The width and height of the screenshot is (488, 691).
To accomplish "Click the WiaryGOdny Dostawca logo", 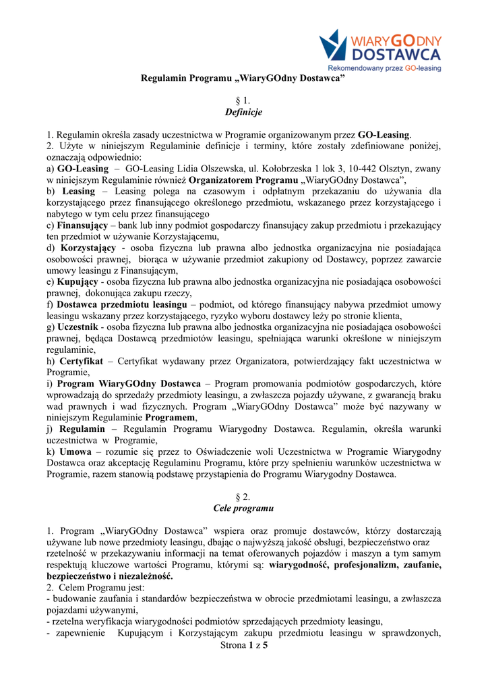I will pos(381,45).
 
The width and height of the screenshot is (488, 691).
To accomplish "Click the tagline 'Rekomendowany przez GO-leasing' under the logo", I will pos(384,68).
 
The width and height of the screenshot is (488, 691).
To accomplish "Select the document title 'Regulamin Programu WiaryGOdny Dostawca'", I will pos(243,79).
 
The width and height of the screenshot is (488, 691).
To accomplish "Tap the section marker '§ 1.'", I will pos(243,101).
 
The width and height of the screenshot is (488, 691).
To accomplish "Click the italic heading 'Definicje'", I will pos(243,111).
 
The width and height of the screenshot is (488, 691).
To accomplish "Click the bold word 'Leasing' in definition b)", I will pos(77,192).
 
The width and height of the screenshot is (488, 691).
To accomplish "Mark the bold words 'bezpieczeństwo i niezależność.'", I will pos(109,576).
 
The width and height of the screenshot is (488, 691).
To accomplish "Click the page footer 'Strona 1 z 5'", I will pos(244,646).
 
